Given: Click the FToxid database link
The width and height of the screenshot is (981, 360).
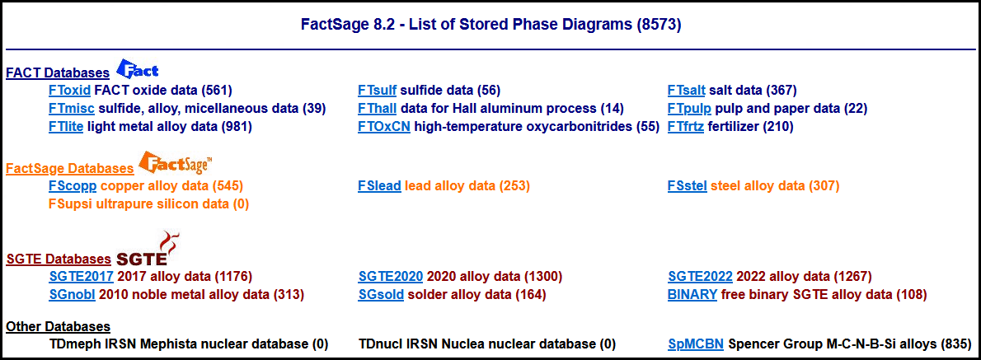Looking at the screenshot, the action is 69,90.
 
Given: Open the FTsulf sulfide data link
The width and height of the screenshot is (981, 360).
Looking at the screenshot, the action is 378,90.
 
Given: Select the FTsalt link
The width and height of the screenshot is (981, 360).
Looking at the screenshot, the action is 687,90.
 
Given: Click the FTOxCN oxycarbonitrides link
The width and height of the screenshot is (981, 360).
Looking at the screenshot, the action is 384,127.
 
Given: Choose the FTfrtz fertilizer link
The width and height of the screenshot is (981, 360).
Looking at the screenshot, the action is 687,127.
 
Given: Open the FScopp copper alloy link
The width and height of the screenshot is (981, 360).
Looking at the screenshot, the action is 72,185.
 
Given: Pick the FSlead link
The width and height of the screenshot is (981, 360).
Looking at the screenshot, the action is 380,185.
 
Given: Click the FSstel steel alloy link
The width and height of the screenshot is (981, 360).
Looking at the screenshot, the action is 688,185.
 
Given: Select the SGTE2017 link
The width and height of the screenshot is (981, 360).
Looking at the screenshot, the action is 82,276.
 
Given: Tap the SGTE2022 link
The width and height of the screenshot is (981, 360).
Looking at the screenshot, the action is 701,276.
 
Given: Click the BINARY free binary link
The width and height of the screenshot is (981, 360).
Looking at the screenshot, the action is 692,294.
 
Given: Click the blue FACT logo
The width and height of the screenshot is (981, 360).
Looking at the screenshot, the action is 138,68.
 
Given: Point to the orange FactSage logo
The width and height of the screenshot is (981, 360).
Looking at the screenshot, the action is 175,162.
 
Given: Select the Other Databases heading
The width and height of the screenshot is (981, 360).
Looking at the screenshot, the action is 59,326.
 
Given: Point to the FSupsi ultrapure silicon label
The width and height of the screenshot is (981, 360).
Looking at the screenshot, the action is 148,203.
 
